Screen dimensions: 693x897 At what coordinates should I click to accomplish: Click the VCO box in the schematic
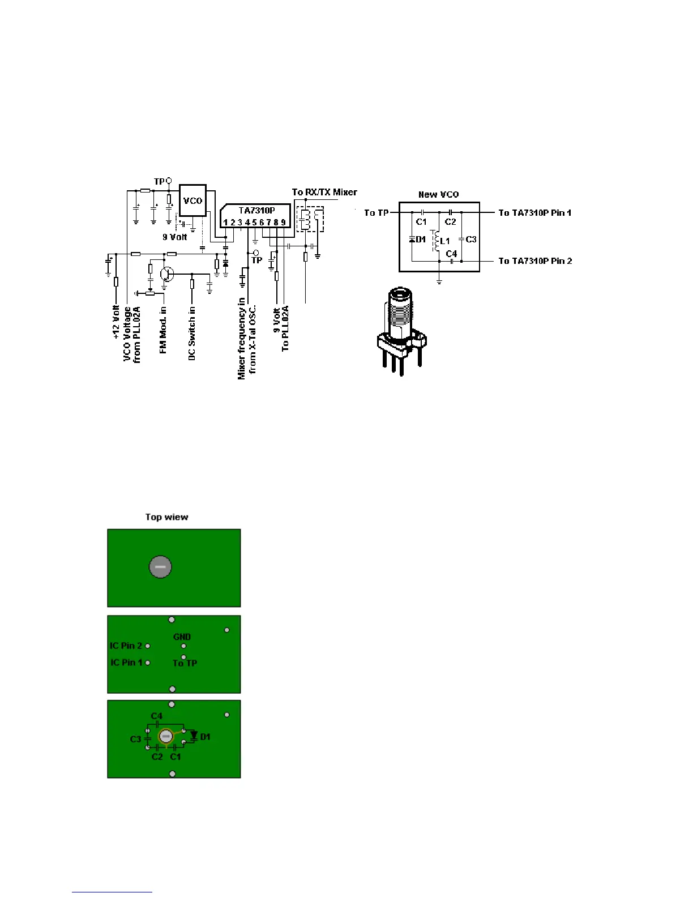click(192, 200)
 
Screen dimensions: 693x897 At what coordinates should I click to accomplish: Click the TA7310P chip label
click(256, 211)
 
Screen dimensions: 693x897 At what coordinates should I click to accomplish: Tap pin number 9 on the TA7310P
click(283, 223)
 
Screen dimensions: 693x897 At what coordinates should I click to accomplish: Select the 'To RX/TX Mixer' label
click(324, 193)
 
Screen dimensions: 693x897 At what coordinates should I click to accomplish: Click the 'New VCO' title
click(438, 194)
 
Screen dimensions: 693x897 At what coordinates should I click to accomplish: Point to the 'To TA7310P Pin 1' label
click(534, 213)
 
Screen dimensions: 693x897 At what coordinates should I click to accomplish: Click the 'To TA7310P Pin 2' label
click(534, 261)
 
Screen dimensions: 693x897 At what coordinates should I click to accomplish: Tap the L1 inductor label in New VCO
click(445, 241)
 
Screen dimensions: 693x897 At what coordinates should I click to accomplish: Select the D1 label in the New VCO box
click(421, 240)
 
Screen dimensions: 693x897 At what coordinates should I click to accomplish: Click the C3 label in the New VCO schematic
click(471, 240)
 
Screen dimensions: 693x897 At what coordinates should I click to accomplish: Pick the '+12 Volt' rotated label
click(116, 322)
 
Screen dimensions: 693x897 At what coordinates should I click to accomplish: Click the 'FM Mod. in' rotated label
click(163, 330)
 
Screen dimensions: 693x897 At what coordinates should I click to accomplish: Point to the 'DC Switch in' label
click(192, 334)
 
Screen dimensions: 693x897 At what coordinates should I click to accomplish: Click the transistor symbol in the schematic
click(166, 274)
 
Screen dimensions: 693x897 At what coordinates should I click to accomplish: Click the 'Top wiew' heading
click(166, 517)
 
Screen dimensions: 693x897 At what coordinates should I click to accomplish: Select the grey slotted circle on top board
click(160, 567)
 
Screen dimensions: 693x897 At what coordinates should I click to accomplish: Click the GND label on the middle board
click(182, 637)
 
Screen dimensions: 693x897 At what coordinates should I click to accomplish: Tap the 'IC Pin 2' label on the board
click(126, 646)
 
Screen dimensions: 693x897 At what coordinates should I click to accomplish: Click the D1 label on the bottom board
click(206, 737)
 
